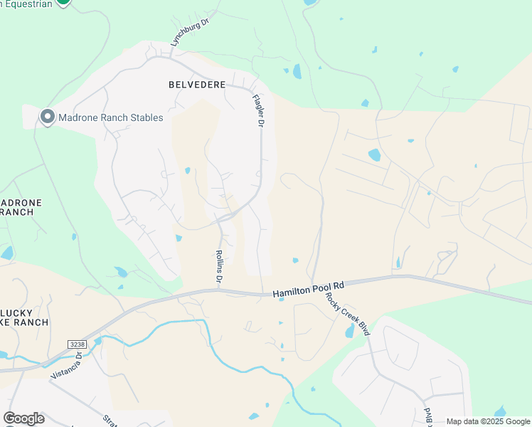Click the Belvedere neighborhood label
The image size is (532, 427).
point(197,85)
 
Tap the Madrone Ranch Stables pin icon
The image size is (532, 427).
point(48,117)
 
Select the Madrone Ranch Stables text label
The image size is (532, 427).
point(111,117)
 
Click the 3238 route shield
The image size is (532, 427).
point(78,344)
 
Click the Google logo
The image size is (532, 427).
point(23,418)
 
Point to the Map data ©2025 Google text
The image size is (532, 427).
point(488,421)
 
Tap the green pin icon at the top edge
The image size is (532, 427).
point(63,2)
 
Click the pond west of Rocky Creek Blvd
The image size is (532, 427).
point(349,331)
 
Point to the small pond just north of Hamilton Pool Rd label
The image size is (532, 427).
point(295,260)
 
